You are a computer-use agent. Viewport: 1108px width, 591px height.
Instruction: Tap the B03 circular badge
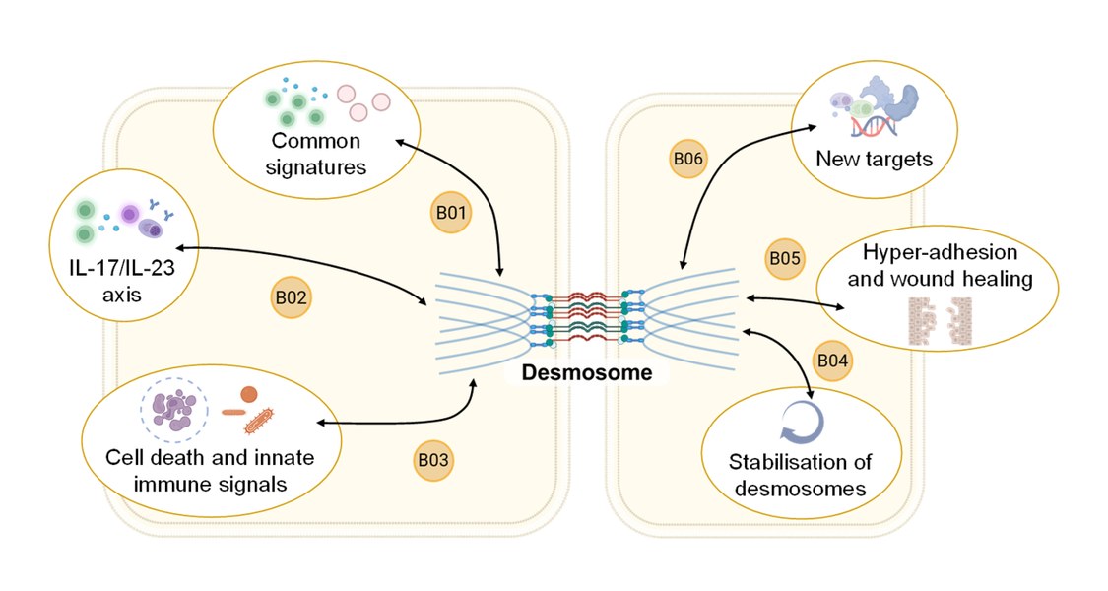[x=434, y=459]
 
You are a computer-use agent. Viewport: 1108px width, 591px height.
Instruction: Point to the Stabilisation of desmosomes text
[x=801, y=475]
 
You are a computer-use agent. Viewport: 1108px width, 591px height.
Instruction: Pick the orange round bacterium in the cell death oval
[x=249, y=394]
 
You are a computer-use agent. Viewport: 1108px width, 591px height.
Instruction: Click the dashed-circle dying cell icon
[x=175, y=407]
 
